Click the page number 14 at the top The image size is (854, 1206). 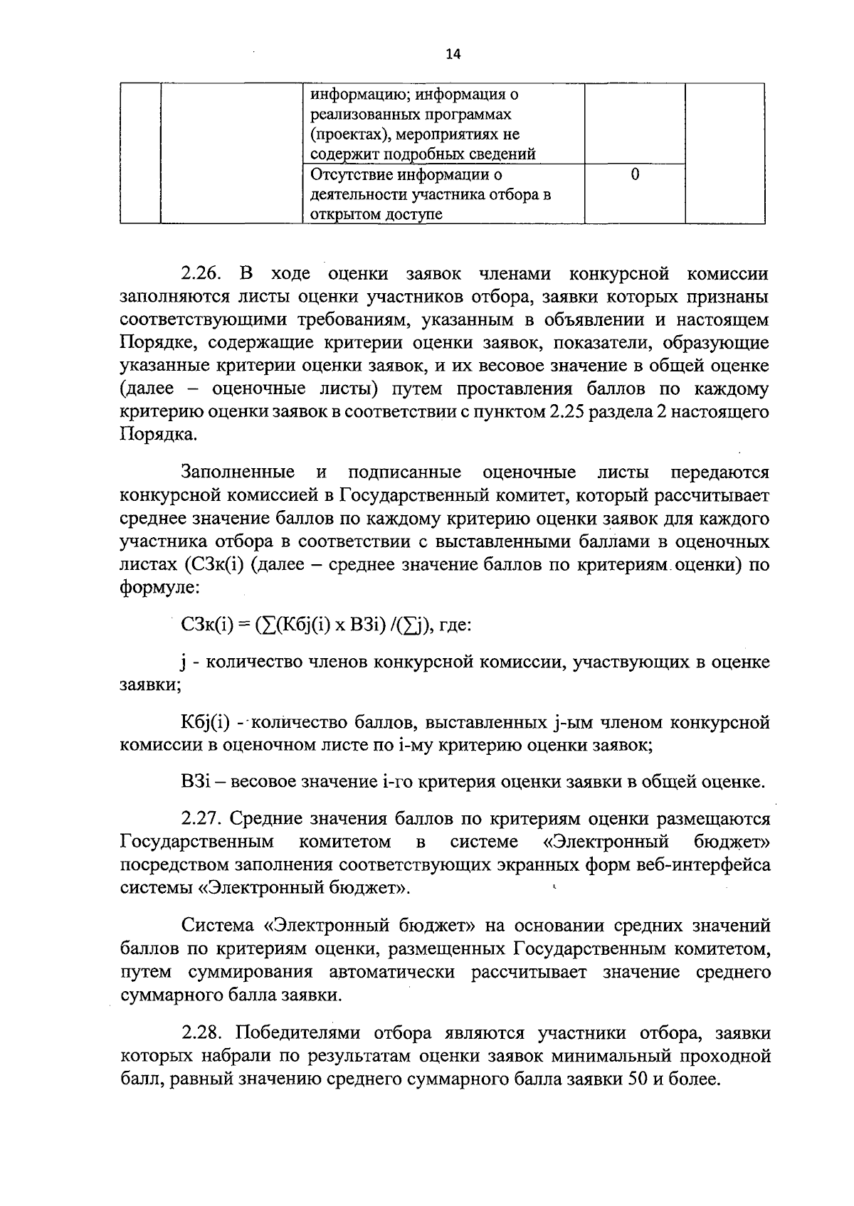pos(453,54)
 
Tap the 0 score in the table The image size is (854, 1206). pos(634,174)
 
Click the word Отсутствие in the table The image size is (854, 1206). pos(352,174)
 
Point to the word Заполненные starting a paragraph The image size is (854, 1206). pos(238,472)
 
